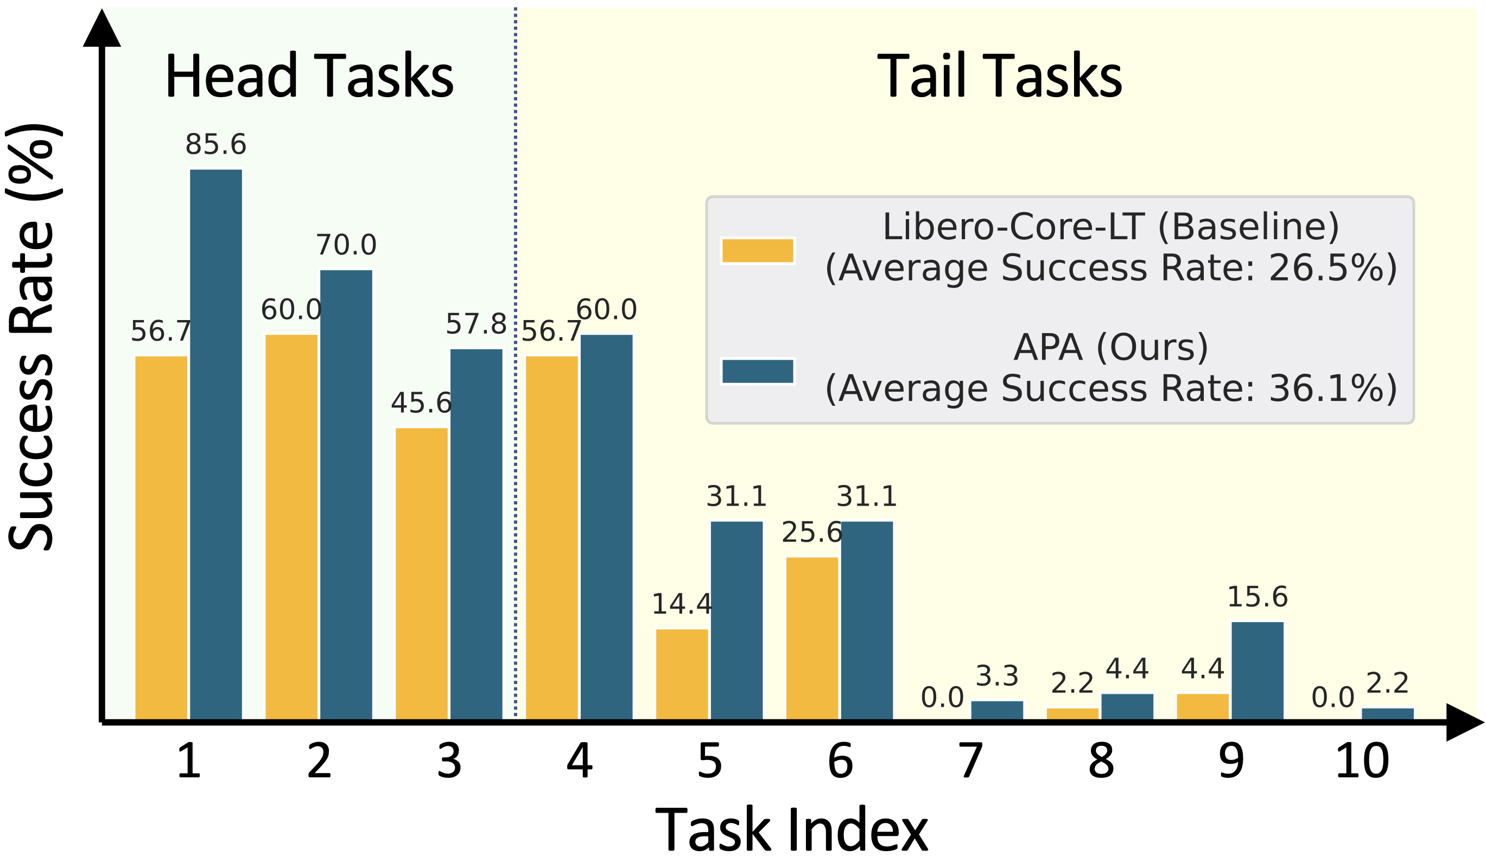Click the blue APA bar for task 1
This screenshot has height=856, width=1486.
(216, 444)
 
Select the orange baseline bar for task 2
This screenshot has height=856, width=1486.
(291, 527)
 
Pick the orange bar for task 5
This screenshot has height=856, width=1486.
(682, 674)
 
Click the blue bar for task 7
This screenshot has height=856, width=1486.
(997, 710)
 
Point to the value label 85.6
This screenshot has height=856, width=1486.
(216, 145)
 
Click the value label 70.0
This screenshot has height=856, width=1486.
(346, 245)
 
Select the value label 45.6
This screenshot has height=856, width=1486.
(421, 403)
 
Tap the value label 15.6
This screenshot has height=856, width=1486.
(1258, 597)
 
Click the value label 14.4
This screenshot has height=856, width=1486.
(682, 604)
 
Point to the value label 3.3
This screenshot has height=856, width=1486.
(997, 676)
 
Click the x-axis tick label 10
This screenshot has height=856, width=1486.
(1362, 762)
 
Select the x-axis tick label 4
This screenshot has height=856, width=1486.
(579, 762)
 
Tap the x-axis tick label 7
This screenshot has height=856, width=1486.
(970, 762)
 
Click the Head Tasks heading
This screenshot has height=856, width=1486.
(309, 76)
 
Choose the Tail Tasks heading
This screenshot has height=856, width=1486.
(999, 76)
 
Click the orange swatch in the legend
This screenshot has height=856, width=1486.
(758, 251)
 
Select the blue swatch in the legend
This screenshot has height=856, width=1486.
(758, 372)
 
